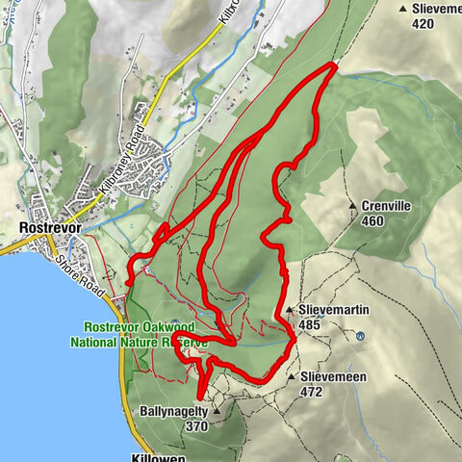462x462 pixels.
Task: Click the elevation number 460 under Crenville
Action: tap(372, 221)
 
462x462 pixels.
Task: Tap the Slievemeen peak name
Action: tap(333, 377)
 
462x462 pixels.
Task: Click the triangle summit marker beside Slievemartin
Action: tap(290, 311)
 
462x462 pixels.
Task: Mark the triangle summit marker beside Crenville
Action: tap(354, 206)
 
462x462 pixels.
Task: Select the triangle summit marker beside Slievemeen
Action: tap(292, 377)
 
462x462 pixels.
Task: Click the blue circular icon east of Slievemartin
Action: tap(360, 337)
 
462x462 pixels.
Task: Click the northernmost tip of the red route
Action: tap(334, 64)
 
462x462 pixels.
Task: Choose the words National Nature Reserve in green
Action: tap(139, 341)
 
